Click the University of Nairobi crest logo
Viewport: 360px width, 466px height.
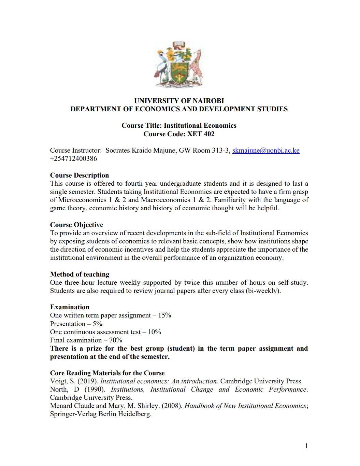pos(179,64)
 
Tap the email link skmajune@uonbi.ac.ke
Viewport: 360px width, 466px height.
pos(266,151)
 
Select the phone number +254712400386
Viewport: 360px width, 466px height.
pos(74,159)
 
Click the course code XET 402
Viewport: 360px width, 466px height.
pos(201,134)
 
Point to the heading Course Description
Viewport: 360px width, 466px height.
pos(80,175)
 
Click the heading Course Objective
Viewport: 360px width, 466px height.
pos(76,225)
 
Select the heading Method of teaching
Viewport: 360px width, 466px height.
pos(80,274)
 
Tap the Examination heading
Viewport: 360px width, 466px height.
pos(70,307)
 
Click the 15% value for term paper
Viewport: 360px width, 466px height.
pos(164,315)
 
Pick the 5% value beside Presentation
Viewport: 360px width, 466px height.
pos(97,324)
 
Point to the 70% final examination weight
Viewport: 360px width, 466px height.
pos(116,340)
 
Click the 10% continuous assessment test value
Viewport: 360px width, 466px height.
pos(154,332)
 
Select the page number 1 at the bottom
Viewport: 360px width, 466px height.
pos(306,446)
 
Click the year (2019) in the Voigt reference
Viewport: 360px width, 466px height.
pos(88,381)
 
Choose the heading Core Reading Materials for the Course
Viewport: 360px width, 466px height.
pos(107,373)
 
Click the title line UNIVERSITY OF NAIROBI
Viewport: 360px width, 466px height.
pos(179,101)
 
